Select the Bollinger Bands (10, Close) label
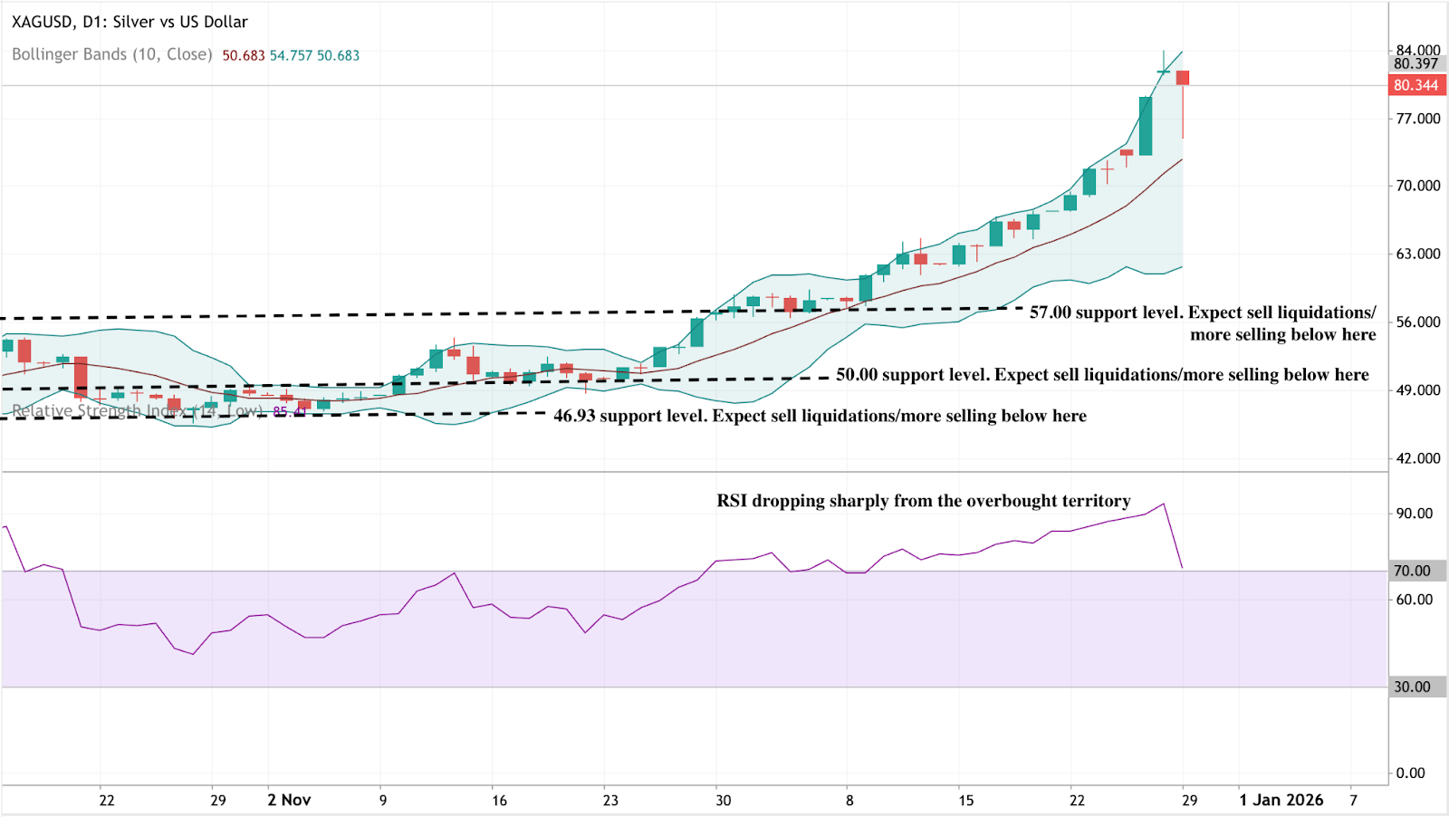pyautogui.click(x=111, y=54)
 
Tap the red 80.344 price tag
pyautogui.click(x=1416, y=85)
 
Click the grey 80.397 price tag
pyautogui.click(x=1416, y=63)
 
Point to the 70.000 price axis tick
pyautogui.click(x=1417, y=186)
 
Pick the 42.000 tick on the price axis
pyautogui.click(x=1417, y=458)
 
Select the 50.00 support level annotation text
pyautogui.click(x=1102, y=375)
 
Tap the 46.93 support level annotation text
pyautogui.click(x=820, y=416)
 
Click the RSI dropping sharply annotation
pyautogui.click(x=923, y=501)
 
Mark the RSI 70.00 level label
pyautogui.click(x=1413, y=571)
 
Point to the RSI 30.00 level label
pyautogui.click(x=1413, y=687)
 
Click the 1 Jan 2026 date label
pyautogui.click(x=1281, y=800)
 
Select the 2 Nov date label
pyautogui.click(x=289, y=800)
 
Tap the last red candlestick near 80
pyautogui.click(x=1183, y=78)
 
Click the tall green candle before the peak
pyautogui.click(x=1146, y=126)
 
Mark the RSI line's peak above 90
pyautogui.click(x=1164, y=505)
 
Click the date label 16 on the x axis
pyautogui.click(x=499, y=800)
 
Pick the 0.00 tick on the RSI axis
pyautogui.click(x=1410, y=773)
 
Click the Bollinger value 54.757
pyautogui.click(x=291, y=55)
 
